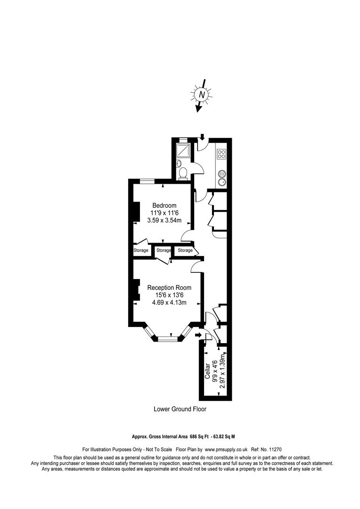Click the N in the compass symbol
[202, 95]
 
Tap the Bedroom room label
[164, 205]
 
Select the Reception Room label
[169, 287]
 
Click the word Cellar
[207, 371]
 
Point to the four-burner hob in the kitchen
[222, 154]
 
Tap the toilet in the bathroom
[183, 173]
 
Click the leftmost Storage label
[141, 250]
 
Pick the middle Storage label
[164, 250]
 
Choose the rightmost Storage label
[185, 250]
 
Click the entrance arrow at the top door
[202, 137]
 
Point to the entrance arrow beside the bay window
[198, 335]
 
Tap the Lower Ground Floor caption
[180, 409]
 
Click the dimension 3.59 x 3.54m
[164, 221]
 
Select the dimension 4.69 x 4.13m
[169, 303]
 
